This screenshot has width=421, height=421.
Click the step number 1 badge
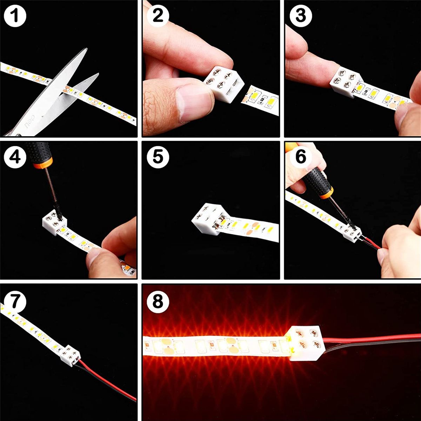(15, 16)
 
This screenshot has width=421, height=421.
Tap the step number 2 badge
(158, 16)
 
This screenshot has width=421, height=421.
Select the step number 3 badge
(301, 16)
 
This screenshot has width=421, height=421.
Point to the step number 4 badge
(15, 157)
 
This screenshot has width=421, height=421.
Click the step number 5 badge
(158, 157)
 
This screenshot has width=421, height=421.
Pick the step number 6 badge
(301, 156)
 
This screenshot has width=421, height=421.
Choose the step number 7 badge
(15, 301)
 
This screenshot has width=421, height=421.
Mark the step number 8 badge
(158, 301)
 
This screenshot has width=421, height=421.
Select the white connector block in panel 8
(306, 346)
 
